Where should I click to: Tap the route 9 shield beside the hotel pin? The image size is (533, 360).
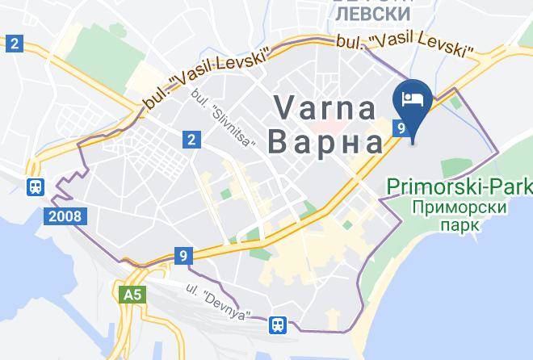coord(399,128)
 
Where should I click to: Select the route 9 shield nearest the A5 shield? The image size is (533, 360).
coord(185,256)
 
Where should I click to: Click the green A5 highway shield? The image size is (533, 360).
coord(132,295)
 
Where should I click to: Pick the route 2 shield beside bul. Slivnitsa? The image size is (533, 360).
coord(191,140)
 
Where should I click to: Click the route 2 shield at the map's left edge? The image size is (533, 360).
coord(14,43)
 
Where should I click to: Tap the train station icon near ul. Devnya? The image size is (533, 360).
coord(278,324)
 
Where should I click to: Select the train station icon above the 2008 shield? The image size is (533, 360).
coord(35,187)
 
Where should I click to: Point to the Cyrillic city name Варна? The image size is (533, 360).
coord(324,143)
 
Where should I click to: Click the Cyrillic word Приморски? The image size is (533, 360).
coord(458,207)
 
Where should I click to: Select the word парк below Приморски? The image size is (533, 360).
coord(460,224)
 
